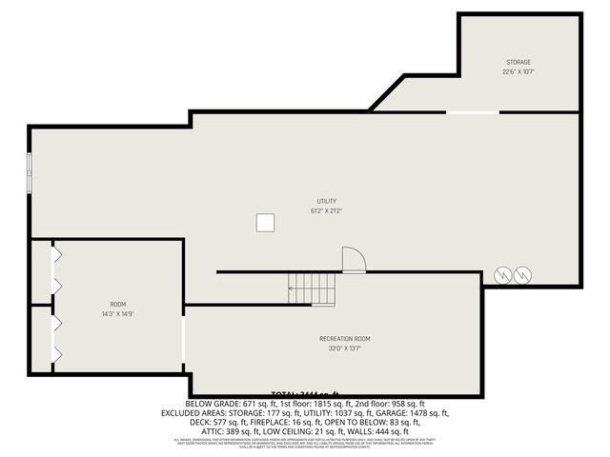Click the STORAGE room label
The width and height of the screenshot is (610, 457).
coord(518,63)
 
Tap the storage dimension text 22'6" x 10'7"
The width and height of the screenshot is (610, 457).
coord(518,71)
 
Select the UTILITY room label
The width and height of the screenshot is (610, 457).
coord(327,201)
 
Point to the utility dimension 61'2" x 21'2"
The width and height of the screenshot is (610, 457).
coord(327,210)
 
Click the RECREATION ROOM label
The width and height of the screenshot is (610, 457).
coord(345,339)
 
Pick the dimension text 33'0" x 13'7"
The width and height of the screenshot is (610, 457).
coord(345,348)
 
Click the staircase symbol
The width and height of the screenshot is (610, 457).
coord(313,288)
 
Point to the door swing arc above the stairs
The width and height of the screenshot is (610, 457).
coord(353,259)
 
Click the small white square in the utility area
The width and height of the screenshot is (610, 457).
coord(266,223)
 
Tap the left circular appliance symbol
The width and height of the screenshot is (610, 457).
coord(500,275)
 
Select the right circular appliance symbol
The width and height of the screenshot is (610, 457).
coord(522,275)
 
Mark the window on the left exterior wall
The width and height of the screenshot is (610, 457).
coord(30,177)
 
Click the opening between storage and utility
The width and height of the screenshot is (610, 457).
coord(473,112)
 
